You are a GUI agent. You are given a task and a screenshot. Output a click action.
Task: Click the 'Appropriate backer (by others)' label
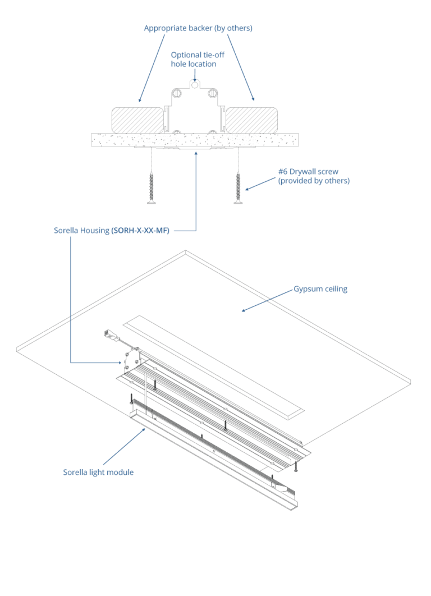point(198,28)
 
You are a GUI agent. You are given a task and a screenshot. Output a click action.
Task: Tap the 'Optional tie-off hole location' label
point(197,59)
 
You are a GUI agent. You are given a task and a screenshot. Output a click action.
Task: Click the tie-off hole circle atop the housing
point(195,85)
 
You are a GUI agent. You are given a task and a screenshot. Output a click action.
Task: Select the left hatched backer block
point(137,120)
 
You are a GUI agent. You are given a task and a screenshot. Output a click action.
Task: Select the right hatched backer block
point(251,120)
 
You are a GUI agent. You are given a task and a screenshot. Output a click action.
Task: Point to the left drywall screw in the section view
point(152,188)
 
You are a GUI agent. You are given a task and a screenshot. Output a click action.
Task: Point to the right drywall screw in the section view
point(239,188)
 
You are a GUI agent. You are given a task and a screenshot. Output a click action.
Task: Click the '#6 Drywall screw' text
point(308,172)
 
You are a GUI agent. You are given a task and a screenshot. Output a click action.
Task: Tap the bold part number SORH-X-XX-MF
point(140,230)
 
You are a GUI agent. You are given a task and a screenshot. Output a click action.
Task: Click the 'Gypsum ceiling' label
point(320,289)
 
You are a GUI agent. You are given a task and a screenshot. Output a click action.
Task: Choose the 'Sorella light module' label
point(98,473)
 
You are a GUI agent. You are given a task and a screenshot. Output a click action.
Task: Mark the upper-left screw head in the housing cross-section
point(177,93)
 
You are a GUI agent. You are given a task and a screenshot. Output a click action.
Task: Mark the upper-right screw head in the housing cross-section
point(212,93)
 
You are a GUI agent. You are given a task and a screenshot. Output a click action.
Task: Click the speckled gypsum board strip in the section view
point(195,140)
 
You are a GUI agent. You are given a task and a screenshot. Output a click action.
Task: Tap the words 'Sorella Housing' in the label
point(81,230)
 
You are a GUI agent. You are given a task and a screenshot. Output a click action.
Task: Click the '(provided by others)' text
point(314,181)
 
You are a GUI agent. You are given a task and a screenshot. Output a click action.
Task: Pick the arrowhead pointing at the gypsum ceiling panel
point(244,310)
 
